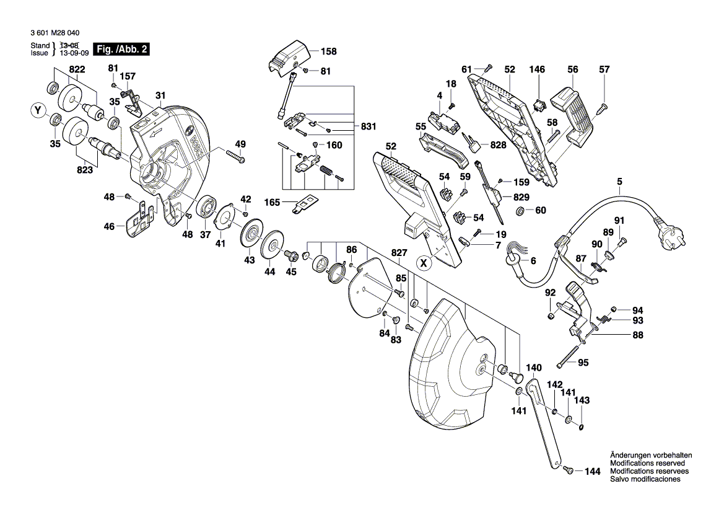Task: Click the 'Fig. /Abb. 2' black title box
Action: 120,49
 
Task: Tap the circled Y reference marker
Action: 38,111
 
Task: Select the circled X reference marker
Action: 424,263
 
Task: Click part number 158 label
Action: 328,51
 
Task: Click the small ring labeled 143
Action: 582,425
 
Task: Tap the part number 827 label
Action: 399,253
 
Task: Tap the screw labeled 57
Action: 602,109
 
